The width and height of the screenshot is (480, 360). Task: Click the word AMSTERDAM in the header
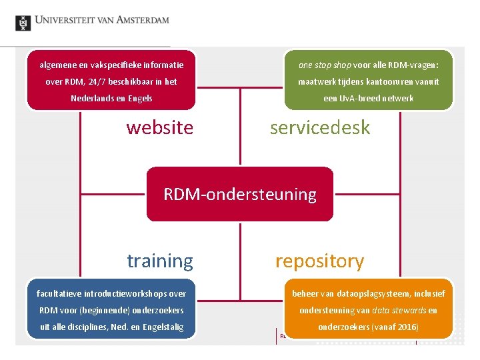(x=141, y=20)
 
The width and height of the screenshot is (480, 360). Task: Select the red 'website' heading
(x=159, y=127)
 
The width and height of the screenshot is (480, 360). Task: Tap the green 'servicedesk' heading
(x=319, y=127)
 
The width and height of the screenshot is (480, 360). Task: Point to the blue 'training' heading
(x=160, y=261)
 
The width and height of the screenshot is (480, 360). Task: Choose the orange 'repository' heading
(x=319, y=261)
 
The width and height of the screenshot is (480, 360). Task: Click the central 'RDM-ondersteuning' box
(x=239, y=194)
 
